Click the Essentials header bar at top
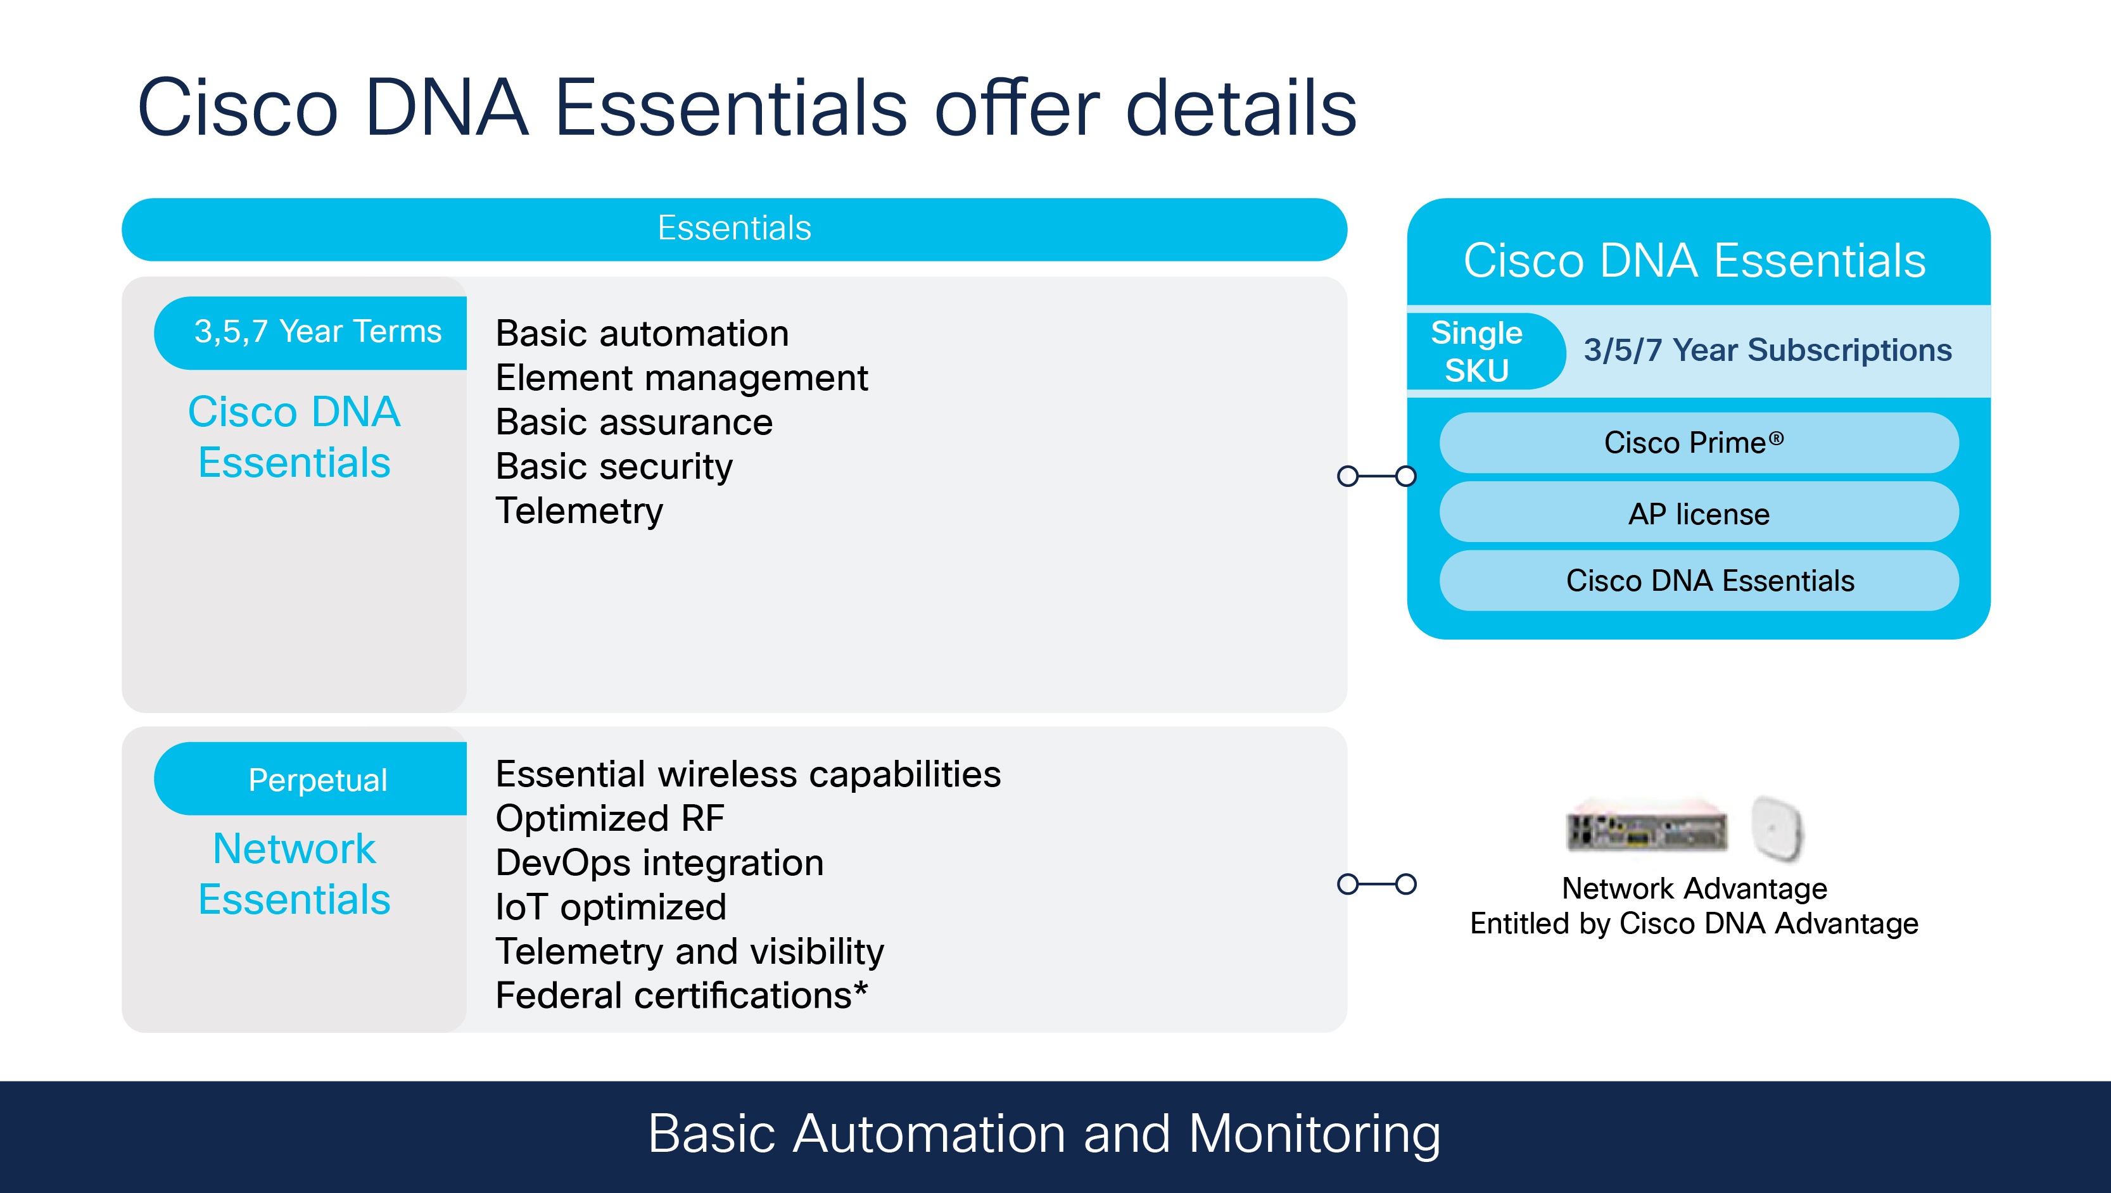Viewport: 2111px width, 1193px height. (733, 229)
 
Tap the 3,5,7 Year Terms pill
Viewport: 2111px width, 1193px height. (317, 332)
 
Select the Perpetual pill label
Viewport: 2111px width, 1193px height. (317, 780)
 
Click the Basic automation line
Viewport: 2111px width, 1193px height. (642, 334)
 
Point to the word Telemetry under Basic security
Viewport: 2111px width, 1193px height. (580, 510)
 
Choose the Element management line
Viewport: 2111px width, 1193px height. (681, 378)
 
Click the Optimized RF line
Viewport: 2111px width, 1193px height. (610, 817)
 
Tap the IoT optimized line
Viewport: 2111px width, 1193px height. (611, 907)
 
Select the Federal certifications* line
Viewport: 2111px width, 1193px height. (681, 995)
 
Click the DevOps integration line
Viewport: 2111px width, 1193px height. (659, 863)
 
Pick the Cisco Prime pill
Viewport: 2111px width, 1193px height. (1698, 443)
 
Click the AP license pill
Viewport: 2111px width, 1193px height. (1698, 514)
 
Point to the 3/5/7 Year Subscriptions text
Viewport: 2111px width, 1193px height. (1767, 351)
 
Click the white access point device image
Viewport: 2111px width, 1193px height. (1777, 828)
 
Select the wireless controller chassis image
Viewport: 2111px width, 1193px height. (1645, 829)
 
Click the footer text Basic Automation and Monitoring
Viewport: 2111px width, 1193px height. (1043, 1134)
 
